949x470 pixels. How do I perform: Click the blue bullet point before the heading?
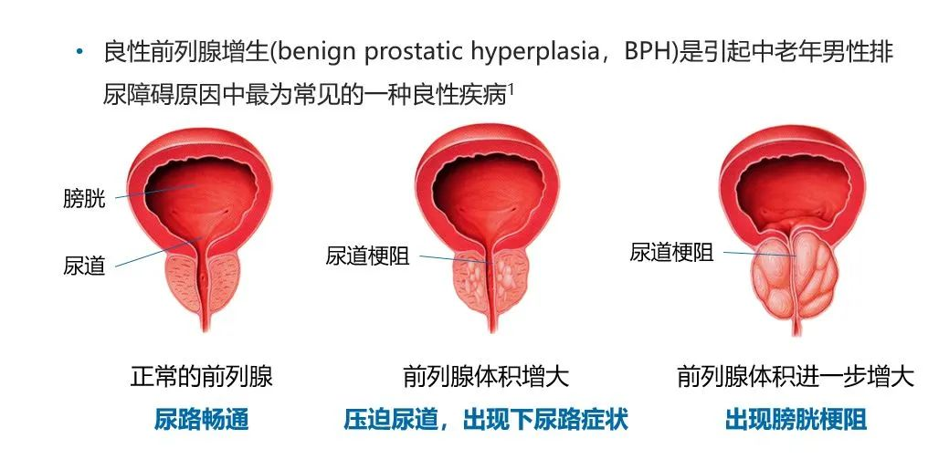click(x=79, y=52)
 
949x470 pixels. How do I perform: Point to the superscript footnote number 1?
click(x=511, y=89)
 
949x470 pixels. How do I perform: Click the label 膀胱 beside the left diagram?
click(x=84, y=198)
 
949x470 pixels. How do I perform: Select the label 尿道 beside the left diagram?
click(x=84, y=266)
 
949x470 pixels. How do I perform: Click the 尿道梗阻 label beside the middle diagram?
click(x=368, y=256)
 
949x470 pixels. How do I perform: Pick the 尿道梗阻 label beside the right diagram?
click(x=672, y=252)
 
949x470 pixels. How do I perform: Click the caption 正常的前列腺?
click(x=202, y=376)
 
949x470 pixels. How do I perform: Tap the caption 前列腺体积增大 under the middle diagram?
click(x=486, y=376)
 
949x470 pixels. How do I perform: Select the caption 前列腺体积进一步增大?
click(x=796, y=376)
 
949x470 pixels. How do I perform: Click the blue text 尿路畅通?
click(x=202, y=419)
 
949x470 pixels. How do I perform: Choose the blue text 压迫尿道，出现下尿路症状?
click(x=486, y=419)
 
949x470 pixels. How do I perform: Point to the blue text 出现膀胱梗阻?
click(x=796, y=419)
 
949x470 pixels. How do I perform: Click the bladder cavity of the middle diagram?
click(x=488, y=193)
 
